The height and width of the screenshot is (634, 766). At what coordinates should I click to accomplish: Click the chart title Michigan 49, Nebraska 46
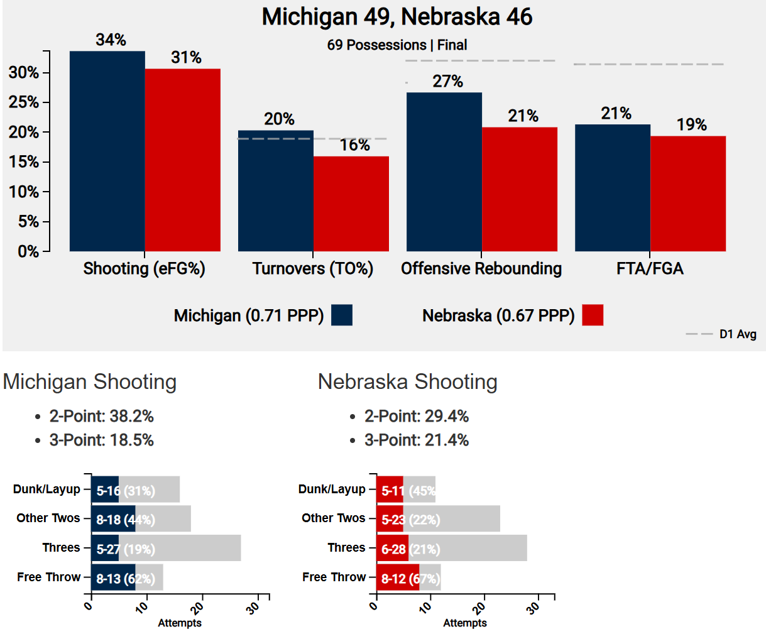coord(397,17)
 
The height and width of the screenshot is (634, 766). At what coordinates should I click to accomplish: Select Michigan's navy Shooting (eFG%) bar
coord(107,151)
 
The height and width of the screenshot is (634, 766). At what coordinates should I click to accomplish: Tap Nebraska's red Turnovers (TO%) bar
coord(351,204)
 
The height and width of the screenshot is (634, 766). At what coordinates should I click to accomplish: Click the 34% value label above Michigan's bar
coord(111,40)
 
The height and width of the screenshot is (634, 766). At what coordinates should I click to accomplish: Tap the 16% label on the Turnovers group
coord(354,145)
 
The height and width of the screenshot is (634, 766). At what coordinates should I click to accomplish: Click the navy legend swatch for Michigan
coord(342,315)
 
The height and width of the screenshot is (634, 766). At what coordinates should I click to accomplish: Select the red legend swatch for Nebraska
coord(593,315)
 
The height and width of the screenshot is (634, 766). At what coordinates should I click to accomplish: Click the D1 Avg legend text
coord(738,334)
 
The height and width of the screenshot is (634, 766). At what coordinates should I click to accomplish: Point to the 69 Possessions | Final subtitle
coord(397,45)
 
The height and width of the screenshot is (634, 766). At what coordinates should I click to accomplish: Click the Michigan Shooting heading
coord(90,382)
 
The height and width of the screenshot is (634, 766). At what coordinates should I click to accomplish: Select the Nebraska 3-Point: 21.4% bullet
coord(416,440)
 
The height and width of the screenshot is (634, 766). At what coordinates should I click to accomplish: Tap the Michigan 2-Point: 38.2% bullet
coord(101,416)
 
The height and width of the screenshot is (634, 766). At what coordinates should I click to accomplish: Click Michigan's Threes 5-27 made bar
coord(105,549)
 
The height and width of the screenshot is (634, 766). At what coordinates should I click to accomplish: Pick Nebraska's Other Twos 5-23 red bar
coord(390,519)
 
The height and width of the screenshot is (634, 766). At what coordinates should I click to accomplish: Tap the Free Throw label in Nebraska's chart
coord(334,577)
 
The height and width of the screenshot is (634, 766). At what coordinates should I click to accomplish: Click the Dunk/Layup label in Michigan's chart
coord(47,489)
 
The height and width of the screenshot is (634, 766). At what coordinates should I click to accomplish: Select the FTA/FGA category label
coord(650,269)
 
